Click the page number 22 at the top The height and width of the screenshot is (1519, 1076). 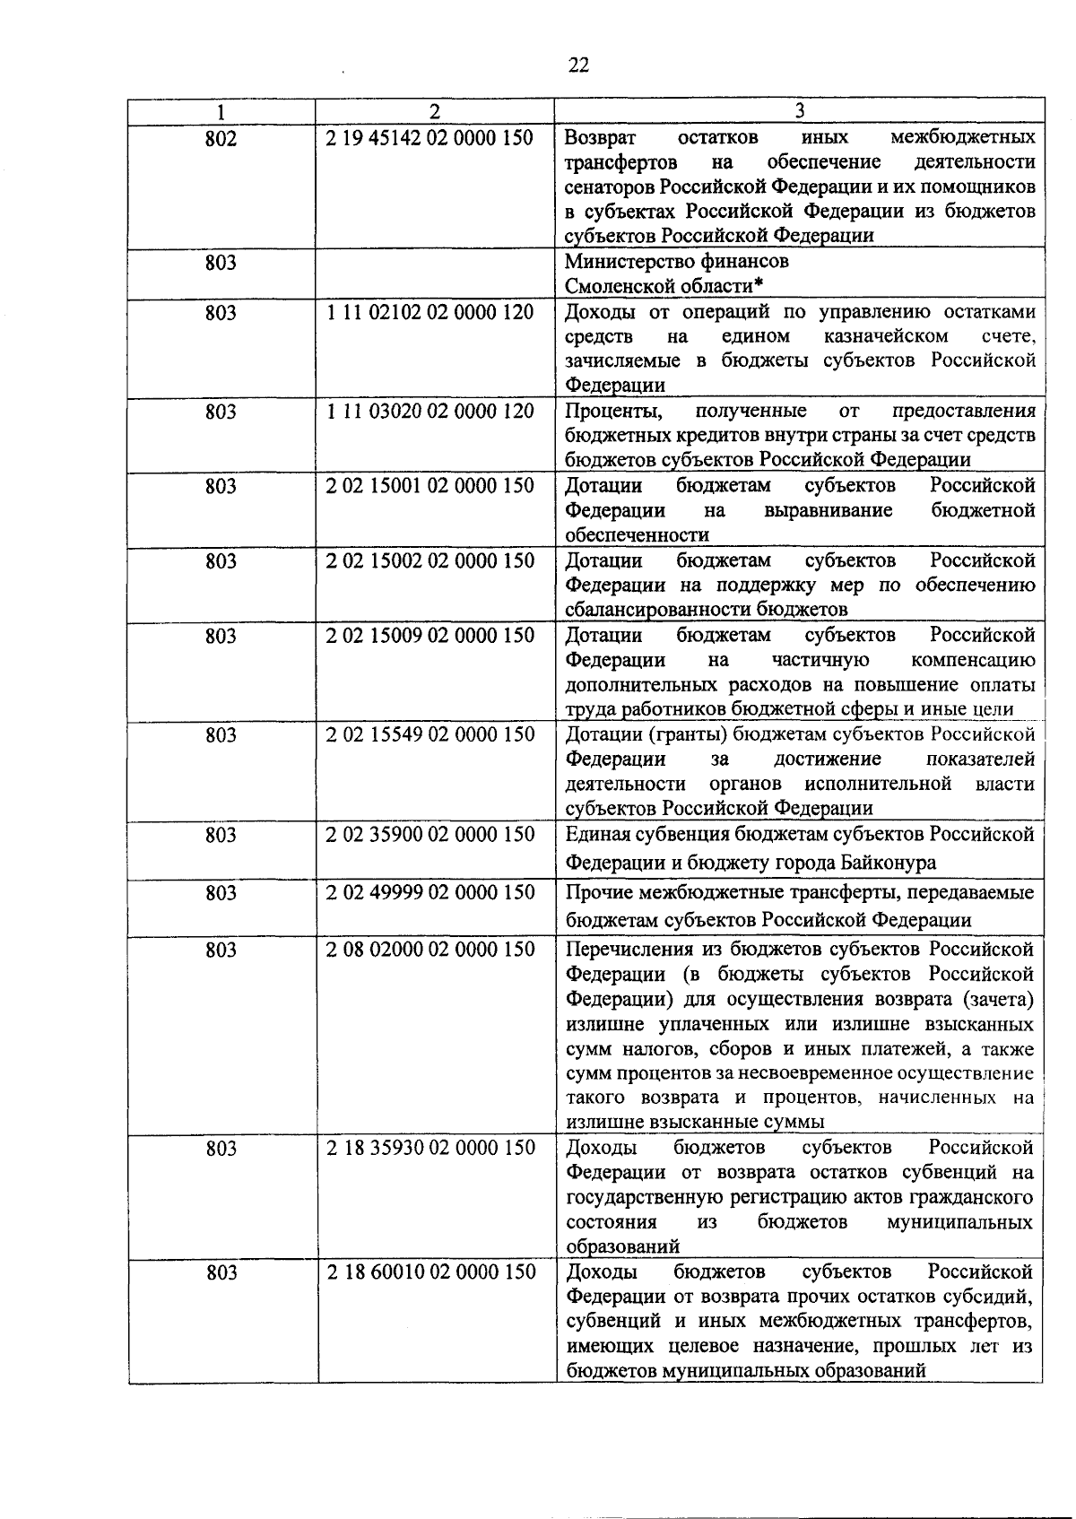(x=578, y=65)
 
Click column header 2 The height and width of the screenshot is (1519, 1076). (x=435, y=112)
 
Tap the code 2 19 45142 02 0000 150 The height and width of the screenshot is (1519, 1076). (x=430, y=138)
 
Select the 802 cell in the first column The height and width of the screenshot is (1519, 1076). (x=221, y=139)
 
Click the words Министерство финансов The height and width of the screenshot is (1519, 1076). (x=677, y=262)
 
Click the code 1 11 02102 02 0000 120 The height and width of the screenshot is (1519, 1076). (x=430, y=313)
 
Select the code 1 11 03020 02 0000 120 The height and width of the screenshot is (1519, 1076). (x=430, y=412)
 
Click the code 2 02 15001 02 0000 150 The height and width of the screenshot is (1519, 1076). (x=430, y=486)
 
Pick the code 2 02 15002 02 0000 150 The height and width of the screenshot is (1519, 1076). (x=430, y=561)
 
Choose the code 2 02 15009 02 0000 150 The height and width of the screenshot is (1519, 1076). (x=430, y=636)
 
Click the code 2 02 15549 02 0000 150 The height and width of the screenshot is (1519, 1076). (x=430, y=735)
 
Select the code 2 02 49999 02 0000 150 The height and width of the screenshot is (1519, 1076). (x=430, y=893)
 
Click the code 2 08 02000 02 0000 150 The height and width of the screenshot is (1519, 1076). (x=430, y=950)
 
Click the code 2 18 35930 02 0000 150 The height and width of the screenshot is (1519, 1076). (x=430, y=1149)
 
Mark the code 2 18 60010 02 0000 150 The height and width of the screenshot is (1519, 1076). (x=430, y=1272)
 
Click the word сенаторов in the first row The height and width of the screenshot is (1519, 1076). (x=610, y=187)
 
